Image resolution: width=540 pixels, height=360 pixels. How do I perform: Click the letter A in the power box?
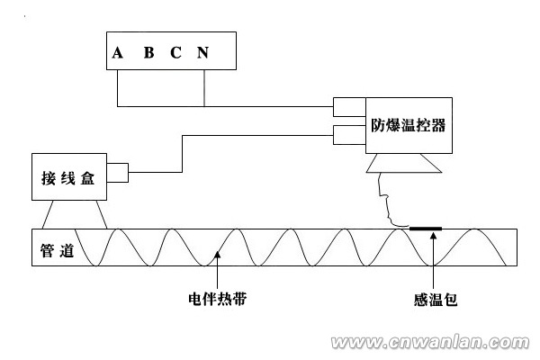coord(118,52)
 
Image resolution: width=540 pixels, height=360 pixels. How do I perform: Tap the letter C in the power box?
coord(176,52)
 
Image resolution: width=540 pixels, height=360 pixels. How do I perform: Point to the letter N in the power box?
coord(203,52)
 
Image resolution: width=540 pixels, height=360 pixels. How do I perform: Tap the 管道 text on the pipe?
coord(56,247)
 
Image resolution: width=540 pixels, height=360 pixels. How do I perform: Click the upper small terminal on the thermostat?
coord(346,107)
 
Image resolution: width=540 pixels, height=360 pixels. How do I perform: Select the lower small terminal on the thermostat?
coord(346,135)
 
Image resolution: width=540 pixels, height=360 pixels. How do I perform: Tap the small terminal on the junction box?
coord(118,168)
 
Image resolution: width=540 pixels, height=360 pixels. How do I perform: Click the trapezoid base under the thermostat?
coord(403,166)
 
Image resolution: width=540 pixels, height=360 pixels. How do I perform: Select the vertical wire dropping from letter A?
coord(118,86)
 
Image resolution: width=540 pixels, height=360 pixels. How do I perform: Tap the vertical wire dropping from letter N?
coord(204,86)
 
